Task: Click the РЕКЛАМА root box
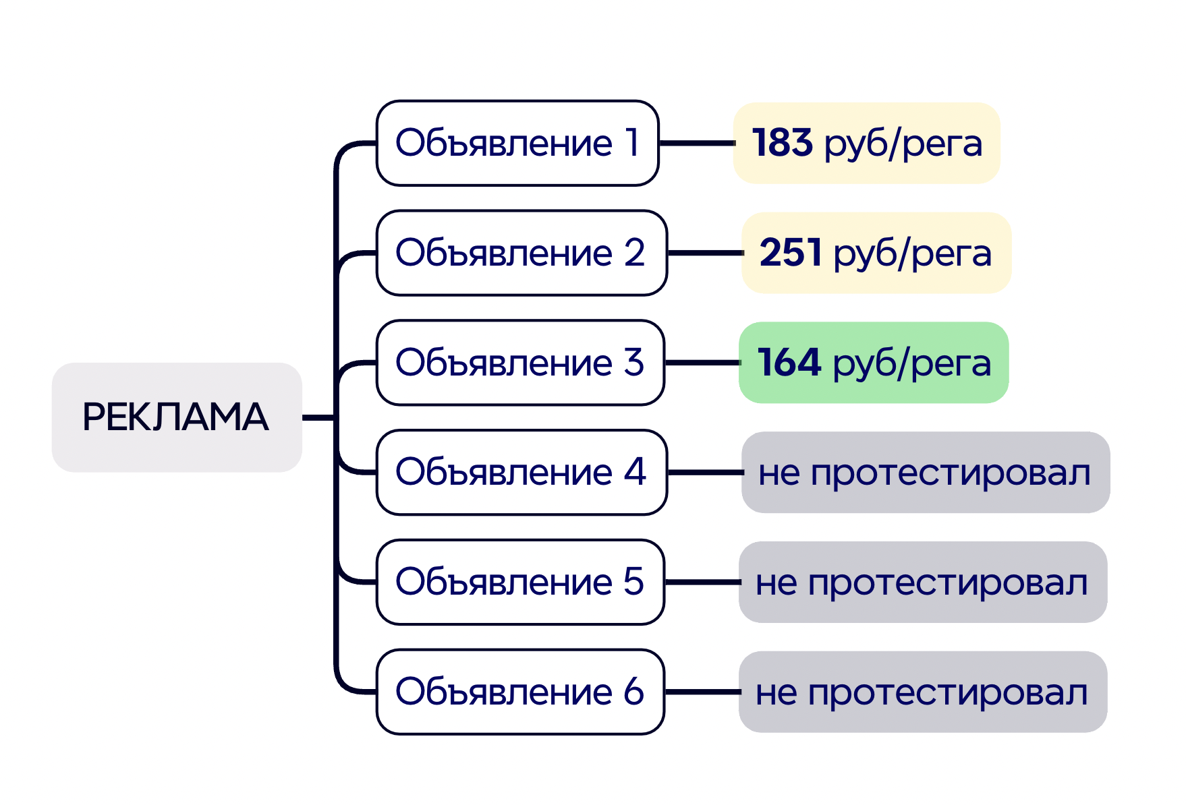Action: (x=176, y=417)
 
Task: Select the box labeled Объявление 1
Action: (x=517, y=143)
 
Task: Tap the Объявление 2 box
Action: (x=521, y=253)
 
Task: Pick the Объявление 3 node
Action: (x=519, y=363)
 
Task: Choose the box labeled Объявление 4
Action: (x=521, y=472)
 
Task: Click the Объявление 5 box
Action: (x=519, y=582)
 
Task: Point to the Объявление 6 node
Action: (x=519, y=692)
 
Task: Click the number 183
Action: (x=782, y=143)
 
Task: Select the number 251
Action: (x=790, y=253)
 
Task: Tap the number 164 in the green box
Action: (x=789, y=363)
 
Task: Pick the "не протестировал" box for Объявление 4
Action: (x=925, y=472)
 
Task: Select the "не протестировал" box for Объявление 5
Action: (x=922, y=582)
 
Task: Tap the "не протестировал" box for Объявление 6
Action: (x=922, y=692)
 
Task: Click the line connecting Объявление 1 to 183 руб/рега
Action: (x=696, y=143)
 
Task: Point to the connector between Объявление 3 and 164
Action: (x=702, y=363)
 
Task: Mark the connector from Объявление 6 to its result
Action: (x=702, y=692)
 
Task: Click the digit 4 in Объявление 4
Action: (x=635, y=471)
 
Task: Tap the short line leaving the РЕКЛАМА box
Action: (x=318, y=417)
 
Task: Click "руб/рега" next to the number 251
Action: (x=912, y=254)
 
